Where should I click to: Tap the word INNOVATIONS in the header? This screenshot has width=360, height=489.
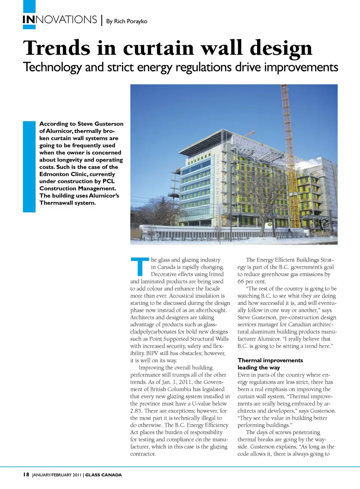[60, 19]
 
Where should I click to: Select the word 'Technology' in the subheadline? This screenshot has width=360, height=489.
[52, 67]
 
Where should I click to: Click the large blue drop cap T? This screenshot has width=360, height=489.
[139, 266]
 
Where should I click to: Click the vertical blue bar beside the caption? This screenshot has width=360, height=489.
[29, 167]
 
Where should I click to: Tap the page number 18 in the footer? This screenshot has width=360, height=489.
[26, 475]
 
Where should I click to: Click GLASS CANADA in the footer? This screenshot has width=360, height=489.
[103, 475]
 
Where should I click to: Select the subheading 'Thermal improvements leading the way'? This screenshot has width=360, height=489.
[270, 364]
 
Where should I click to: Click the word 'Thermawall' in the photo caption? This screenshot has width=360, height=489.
[56, 203]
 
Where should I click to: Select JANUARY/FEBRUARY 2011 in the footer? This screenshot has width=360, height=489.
[57, 475]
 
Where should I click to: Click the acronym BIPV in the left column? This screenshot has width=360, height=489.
[152, 353]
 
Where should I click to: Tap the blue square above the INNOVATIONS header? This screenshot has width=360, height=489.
[29, 6]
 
